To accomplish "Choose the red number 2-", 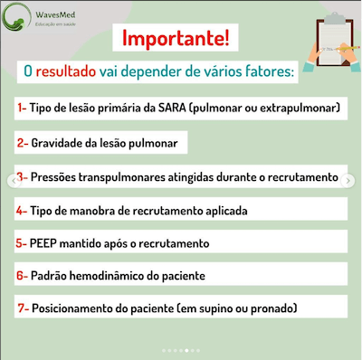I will coord(22,143).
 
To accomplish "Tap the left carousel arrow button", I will coord(11,179).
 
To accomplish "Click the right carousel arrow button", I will coord(351,179).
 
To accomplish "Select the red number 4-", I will coord(22,210).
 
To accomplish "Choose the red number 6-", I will coord(22,274).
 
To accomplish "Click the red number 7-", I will coord(22,308).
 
